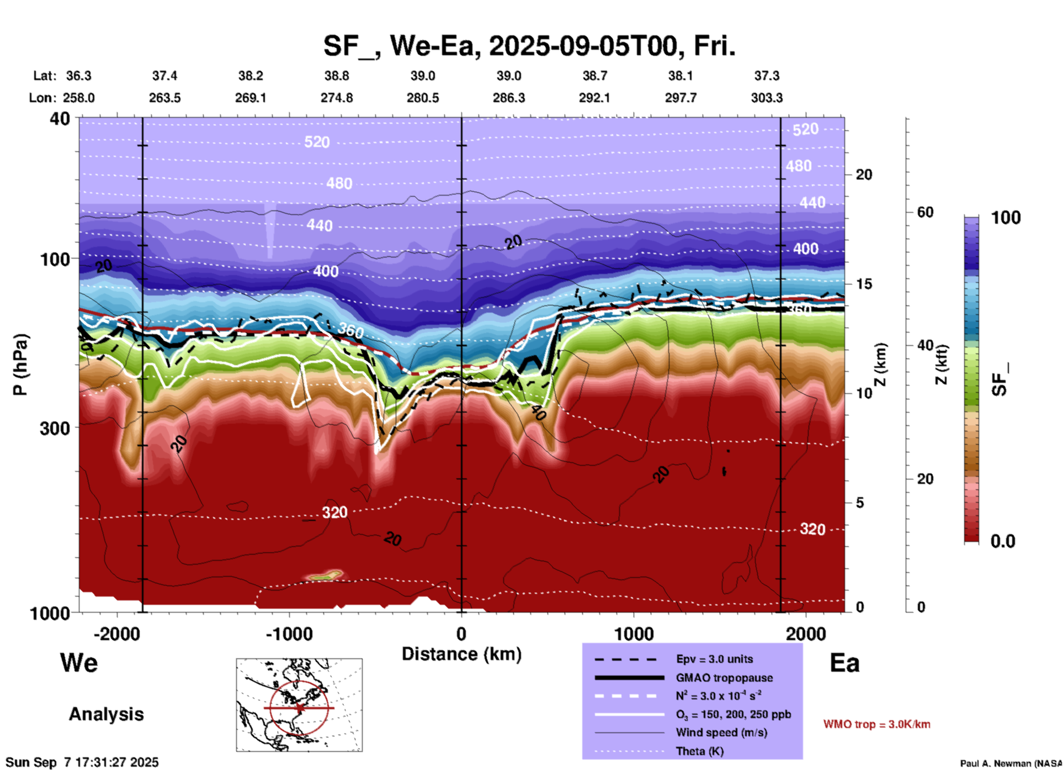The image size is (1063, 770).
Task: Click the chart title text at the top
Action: (x=529, y=46)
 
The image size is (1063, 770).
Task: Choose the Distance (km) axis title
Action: (x=461, y=654)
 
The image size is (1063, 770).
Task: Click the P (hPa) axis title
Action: (x=20, y=365)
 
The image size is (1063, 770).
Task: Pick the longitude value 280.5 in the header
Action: (x=423, y=98)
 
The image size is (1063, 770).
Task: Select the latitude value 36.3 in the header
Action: (x=78, y=76)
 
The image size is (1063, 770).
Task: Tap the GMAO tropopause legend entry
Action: (x=724, y=678)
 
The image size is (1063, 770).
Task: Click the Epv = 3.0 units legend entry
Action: (x=714, y=659)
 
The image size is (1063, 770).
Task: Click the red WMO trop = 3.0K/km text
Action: (x=876, y=724)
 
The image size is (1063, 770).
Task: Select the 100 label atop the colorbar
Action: (x=1006, y=218)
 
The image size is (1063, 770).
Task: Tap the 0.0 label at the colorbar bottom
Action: (x=1003, y=541)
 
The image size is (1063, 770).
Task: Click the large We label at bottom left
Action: (x=79, y=662)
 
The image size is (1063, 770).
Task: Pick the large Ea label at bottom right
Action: (x=844, y=663)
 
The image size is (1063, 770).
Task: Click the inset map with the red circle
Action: (x=299, y=705)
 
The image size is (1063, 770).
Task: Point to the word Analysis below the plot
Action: (x=106, y=714)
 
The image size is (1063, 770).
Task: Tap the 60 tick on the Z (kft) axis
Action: (x=925, y=212)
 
